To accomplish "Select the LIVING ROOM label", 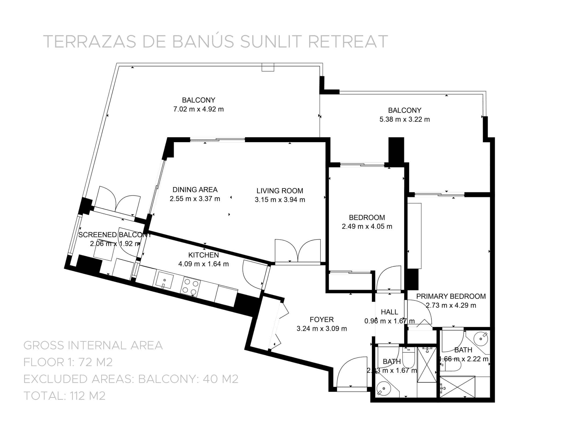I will pyautogui.click(x=280, y=191).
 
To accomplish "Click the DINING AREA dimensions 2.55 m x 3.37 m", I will pyautogui.click(x=195, y=199).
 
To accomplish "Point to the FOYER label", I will pyautogui.click(x=322, y=320).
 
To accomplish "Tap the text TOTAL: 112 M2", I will pyautogui.click(x=64, y=396).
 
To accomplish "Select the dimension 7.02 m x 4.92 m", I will pyautogui.click(x=199, y=109).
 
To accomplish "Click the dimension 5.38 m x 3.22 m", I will pyautogui.click(x=404, y=119).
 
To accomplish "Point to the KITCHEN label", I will pyautogui.click(x=203, y=255).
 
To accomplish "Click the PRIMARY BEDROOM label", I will pyautogui.click(x=451, y=296).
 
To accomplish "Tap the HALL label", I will pyautogui.click(x=389, y=312).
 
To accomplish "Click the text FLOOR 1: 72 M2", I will pyautogui.click(x=68, y=362).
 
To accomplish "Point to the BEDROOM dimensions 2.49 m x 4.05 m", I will pyautogui.click(x=367, y=227).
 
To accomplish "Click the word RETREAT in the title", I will pyautogui.click(x=348, y=42).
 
